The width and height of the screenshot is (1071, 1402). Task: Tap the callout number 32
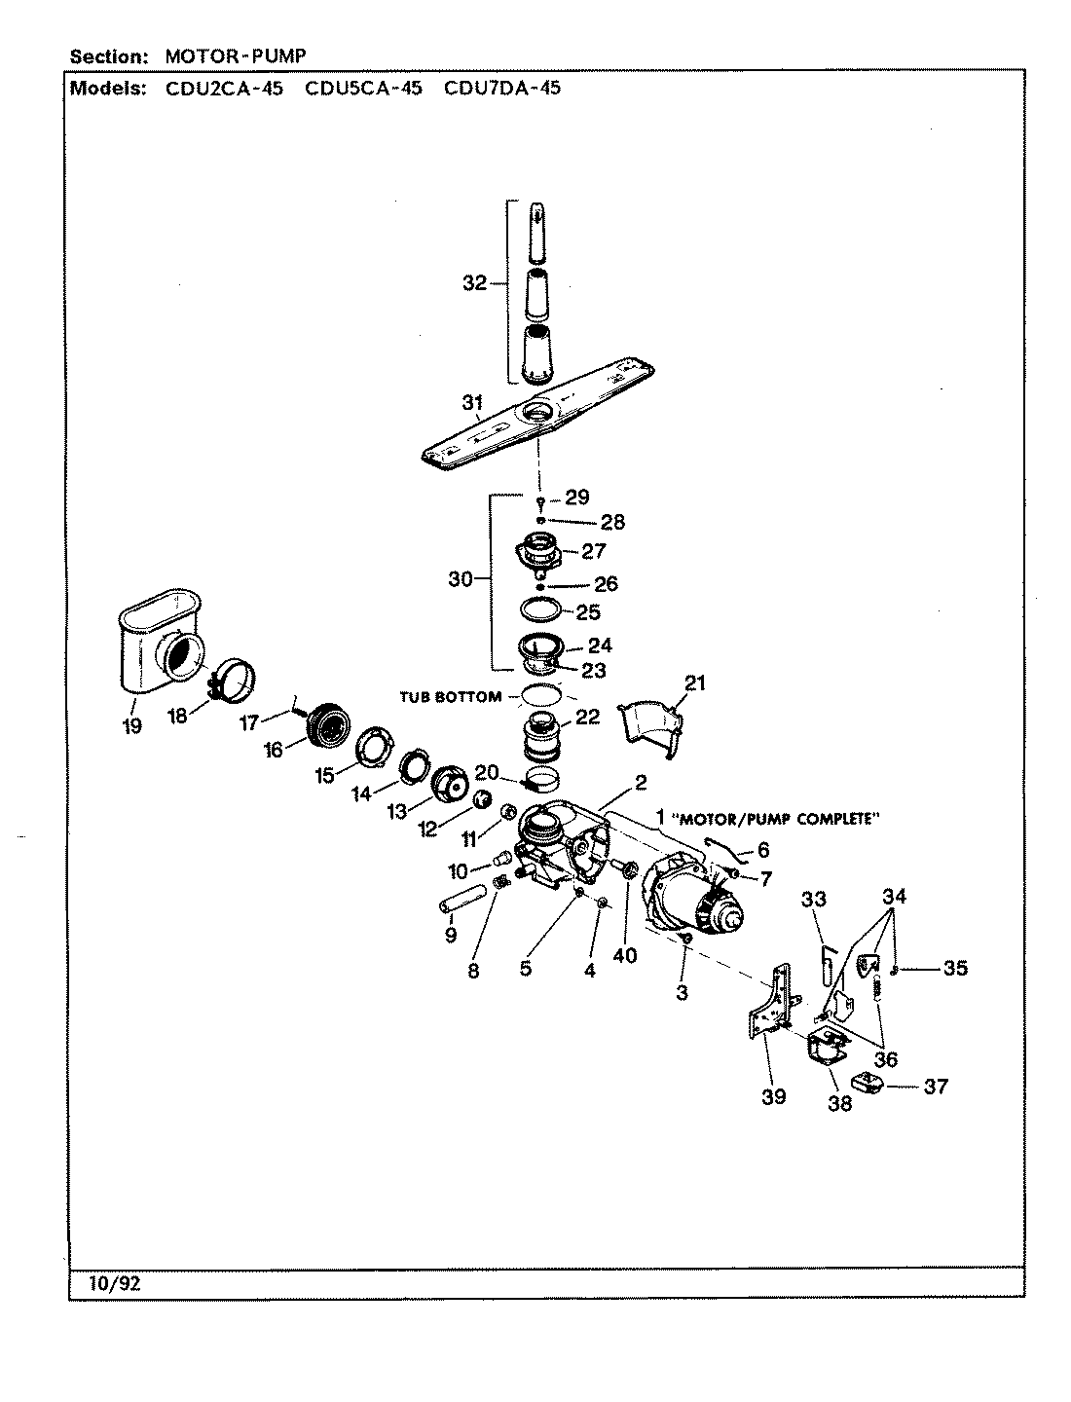click(x=474, y=283)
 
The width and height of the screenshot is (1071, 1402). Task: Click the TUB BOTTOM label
click(x=451, y=696)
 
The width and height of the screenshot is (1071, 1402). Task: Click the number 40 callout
click(x=624, y=955)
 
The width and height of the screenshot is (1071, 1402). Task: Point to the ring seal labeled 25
click(x=540, y=612)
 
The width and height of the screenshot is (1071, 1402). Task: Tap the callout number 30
click(x=460, y=579)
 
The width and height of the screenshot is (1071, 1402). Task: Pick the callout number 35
click(x=955, y=968)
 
